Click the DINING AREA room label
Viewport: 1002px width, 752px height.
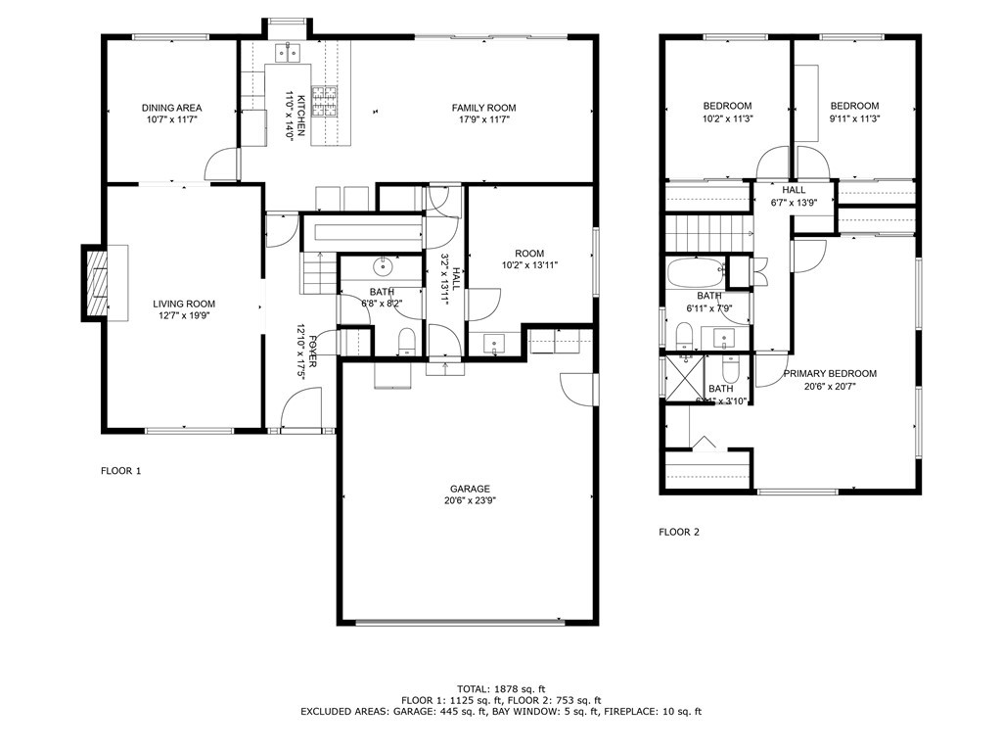pos(172,108)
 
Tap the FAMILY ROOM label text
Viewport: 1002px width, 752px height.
pos(483,108)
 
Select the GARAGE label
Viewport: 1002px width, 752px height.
pos(470,489)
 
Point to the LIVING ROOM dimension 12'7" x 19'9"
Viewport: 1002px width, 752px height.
pos(183,316)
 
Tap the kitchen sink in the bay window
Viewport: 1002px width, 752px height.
pos(287,52)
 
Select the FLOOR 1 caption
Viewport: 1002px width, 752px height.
pos(121,471)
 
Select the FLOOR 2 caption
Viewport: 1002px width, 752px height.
pos(679,533)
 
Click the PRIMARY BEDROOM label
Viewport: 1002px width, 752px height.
pos(830,373)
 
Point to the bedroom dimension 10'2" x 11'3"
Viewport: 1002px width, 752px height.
pos(727,119)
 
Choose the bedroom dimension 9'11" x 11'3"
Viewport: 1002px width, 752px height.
pos(854,119)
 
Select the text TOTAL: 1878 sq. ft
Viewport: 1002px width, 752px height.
pos(500,688)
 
